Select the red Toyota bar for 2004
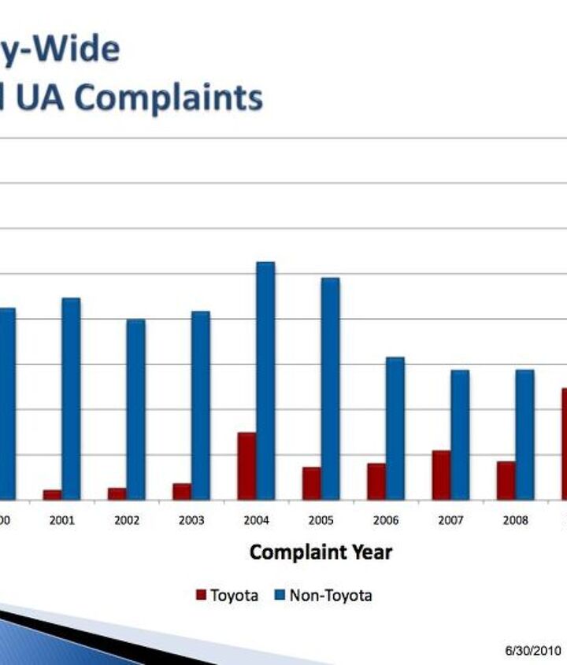click(x=246, y=466)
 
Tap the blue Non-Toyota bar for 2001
click(x=72, y=398)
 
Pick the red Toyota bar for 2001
click(x=52, y=494)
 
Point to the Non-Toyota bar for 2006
click(x=395, y=428)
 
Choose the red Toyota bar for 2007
click(x=441, y=475)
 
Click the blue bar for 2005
click(x=331, y=389)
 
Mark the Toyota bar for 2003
click(x=182, y=491)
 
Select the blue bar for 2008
click(x=524, y=434)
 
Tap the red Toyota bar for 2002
click(x=117, y=493)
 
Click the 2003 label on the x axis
click(x=191, y=520)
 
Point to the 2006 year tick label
click(x=386, y=520)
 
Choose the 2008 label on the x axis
click(x=515, y=520)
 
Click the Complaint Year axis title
click(x=321, y=552)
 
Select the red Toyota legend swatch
click(x=202, y=596)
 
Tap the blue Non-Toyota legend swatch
click(x=280, y=596)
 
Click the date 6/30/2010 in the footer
click(x=532, y=651)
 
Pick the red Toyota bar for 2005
click(x=311, y=483)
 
